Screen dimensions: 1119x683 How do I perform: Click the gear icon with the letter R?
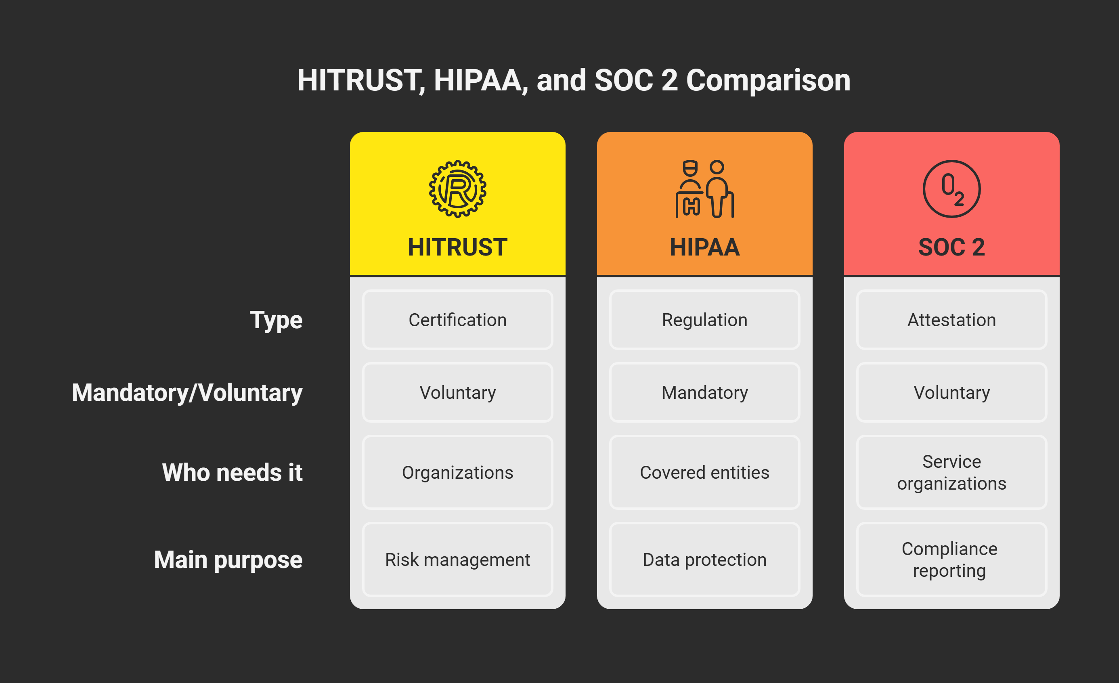click(x=457, y=189)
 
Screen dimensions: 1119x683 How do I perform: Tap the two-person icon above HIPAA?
click(x=704, y=189)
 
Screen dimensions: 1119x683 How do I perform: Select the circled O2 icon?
click(x=951, y=189)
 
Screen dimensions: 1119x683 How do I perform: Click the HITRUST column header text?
click(x=457, y=247)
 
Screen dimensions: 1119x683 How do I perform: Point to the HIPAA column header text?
click(x=704, y=247)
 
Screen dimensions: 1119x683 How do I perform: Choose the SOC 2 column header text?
click(x=951, y=247)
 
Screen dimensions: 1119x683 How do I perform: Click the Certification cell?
click(x=457, y=320)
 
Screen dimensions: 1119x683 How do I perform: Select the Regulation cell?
click(x=704, y=320)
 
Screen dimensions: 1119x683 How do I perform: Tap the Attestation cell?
click(x=951, y=320)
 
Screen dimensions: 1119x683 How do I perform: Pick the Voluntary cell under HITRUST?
click(x=457, y=392)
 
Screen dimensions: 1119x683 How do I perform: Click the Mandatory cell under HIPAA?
click(x=704, y=392)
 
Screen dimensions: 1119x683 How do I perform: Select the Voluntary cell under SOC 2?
click(x=951, y=392)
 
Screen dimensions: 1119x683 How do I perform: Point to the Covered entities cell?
click(x=704, y=472)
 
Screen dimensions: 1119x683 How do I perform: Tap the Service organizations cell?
click(x=951, y=472)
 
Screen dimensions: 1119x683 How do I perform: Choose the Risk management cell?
click(x=457, y=559)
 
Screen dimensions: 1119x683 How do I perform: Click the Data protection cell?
click(x=704, y=559)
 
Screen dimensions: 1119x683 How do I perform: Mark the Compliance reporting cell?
click(x=951, y=559)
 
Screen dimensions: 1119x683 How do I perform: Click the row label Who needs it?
click(x=232, y=472)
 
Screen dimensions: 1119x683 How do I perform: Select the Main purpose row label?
click(x=228, y=560)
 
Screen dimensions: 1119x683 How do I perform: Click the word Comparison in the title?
click(x=768, y=81)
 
